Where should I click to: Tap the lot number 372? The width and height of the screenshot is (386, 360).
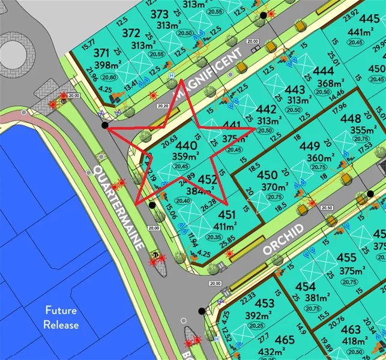[x=131, y=33]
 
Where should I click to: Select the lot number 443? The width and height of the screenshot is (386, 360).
[x=295, y=90]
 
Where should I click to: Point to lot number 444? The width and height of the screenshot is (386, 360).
[x=324, y=71]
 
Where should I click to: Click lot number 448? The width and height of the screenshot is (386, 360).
[x=351, y=119]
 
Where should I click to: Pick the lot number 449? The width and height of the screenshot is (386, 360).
[x=310, y=146]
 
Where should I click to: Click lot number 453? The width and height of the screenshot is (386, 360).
[x=265, y=304]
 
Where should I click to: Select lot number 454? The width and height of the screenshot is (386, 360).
[x=306, y=286]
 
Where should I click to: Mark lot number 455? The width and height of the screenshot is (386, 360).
[x=348, y=258]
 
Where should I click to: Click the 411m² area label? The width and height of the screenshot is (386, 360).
[x=227, y=226]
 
